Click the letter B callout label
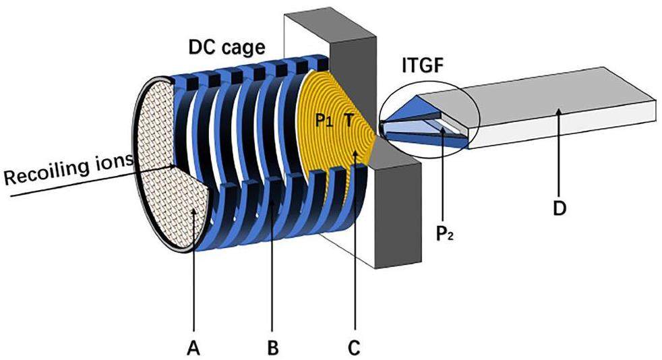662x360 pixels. point(273,348)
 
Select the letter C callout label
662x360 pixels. point(354,348)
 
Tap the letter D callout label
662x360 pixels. point(559,208)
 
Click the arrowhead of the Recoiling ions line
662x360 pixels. point(177,167)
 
